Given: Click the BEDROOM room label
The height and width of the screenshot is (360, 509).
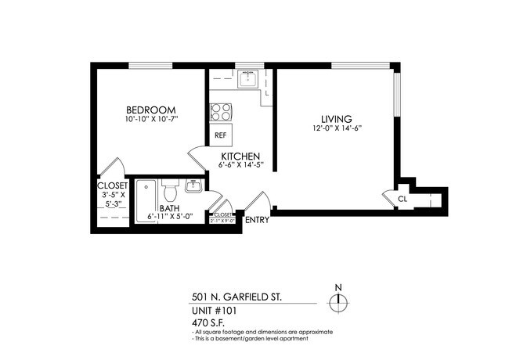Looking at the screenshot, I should pyautogui.click(x=151, y=110).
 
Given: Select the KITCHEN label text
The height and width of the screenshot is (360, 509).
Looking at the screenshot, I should pyautogui.click(x=240, y=156).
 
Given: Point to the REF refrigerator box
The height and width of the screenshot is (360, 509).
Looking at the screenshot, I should pyautogui.click(x=220, y=134).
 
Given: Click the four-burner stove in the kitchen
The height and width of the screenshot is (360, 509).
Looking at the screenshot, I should pyautogui.click(x=220, y=112).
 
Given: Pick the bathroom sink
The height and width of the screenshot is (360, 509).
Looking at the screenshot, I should pyautogui.click(x=193, y=187).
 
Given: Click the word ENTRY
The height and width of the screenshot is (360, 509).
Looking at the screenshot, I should pyautogui.click(x=257, y=220).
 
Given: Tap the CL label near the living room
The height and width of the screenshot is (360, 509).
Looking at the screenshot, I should pyautogui.click(x=402, y=200).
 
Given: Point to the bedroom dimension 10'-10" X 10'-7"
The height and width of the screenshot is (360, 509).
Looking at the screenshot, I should pyautogui.click(x=151, y=121).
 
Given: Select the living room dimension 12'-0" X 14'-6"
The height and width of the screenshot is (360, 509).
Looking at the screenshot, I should pyautogui.click(x=336, y=128).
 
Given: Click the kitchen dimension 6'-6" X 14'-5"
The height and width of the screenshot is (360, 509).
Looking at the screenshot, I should pyautogui.click(x=240, y=165).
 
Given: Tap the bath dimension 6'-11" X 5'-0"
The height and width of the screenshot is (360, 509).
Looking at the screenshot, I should pyautogui.click(x=169, y=217).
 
